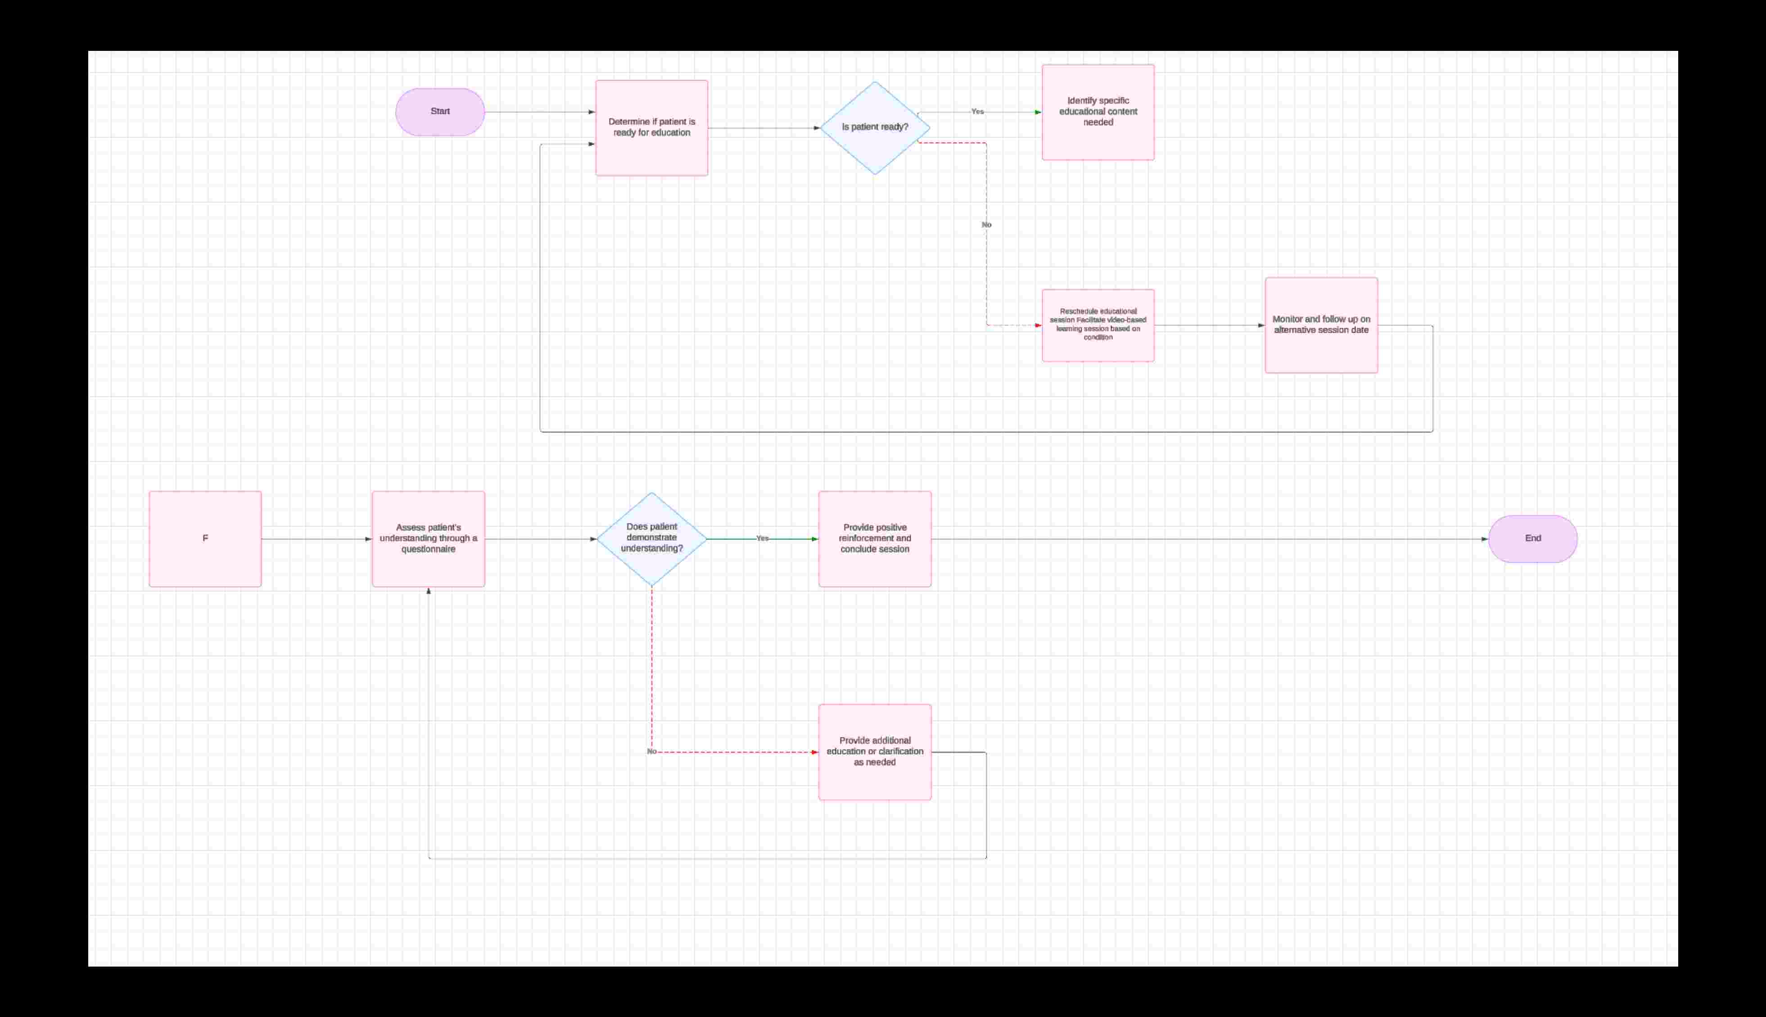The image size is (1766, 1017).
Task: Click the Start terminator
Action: (x=440, y=112)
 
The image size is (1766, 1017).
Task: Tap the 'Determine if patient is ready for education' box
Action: (x=651, y=128)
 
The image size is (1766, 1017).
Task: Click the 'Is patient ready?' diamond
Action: (x=875, y=128)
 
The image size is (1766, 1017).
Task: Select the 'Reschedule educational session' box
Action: (x=1098, y=325)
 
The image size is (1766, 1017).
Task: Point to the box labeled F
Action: (x=205, y=538)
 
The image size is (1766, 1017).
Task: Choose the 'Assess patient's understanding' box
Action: (x=428, y=538)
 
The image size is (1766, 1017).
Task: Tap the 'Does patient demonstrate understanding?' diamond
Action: (x=651, y=538)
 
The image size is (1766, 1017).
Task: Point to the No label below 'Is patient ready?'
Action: (x=986, y=225)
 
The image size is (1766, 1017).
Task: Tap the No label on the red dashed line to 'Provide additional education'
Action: (x=651, y=751)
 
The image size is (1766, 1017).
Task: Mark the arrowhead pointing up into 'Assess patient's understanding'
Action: (x=429, y=592)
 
